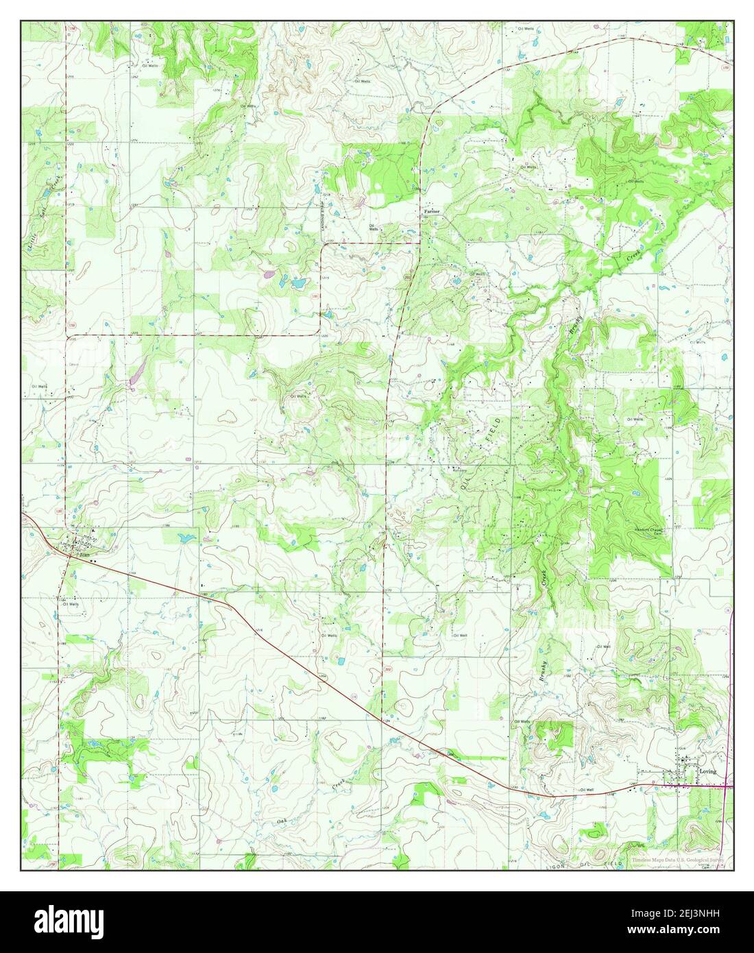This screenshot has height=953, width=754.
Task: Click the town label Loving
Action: tap(707, 771)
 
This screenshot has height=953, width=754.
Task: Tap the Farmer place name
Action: tap(431, 212)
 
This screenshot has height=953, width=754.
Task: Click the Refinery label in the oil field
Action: tap(459, 470)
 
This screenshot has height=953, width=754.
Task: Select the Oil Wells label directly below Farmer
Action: tap(372, 228)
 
